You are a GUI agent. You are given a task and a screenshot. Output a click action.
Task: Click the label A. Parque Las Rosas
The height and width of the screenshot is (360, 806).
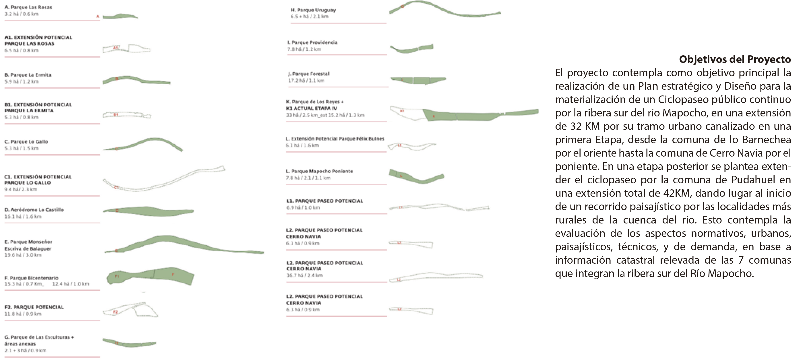point(28,7)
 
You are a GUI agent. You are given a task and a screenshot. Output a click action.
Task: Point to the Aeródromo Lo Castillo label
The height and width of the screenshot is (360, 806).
point(34,210)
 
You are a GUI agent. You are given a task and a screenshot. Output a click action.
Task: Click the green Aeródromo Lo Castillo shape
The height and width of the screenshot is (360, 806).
point(147,211)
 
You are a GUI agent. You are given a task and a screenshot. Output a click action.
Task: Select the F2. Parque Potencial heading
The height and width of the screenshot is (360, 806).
point(34,307)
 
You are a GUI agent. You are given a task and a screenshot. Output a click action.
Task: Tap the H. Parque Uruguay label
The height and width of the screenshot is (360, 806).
point(313,10)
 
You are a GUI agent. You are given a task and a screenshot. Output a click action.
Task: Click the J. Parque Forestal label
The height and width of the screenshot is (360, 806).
point(308,74)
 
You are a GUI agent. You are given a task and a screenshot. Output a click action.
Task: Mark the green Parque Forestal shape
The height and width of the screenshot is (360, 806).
point(419,81)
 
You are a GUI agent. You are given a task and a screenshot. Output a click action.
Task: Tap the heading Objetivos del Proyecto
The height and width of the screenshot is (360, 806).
point(735,59)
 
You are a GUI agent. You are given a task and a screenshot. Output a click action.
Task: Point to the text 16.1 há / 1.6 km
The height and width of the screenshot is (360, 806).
point(23,217)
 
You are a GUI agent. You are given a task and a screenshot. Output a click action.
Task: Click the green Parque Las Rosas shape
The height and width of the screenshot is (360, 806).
point(120,16)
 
